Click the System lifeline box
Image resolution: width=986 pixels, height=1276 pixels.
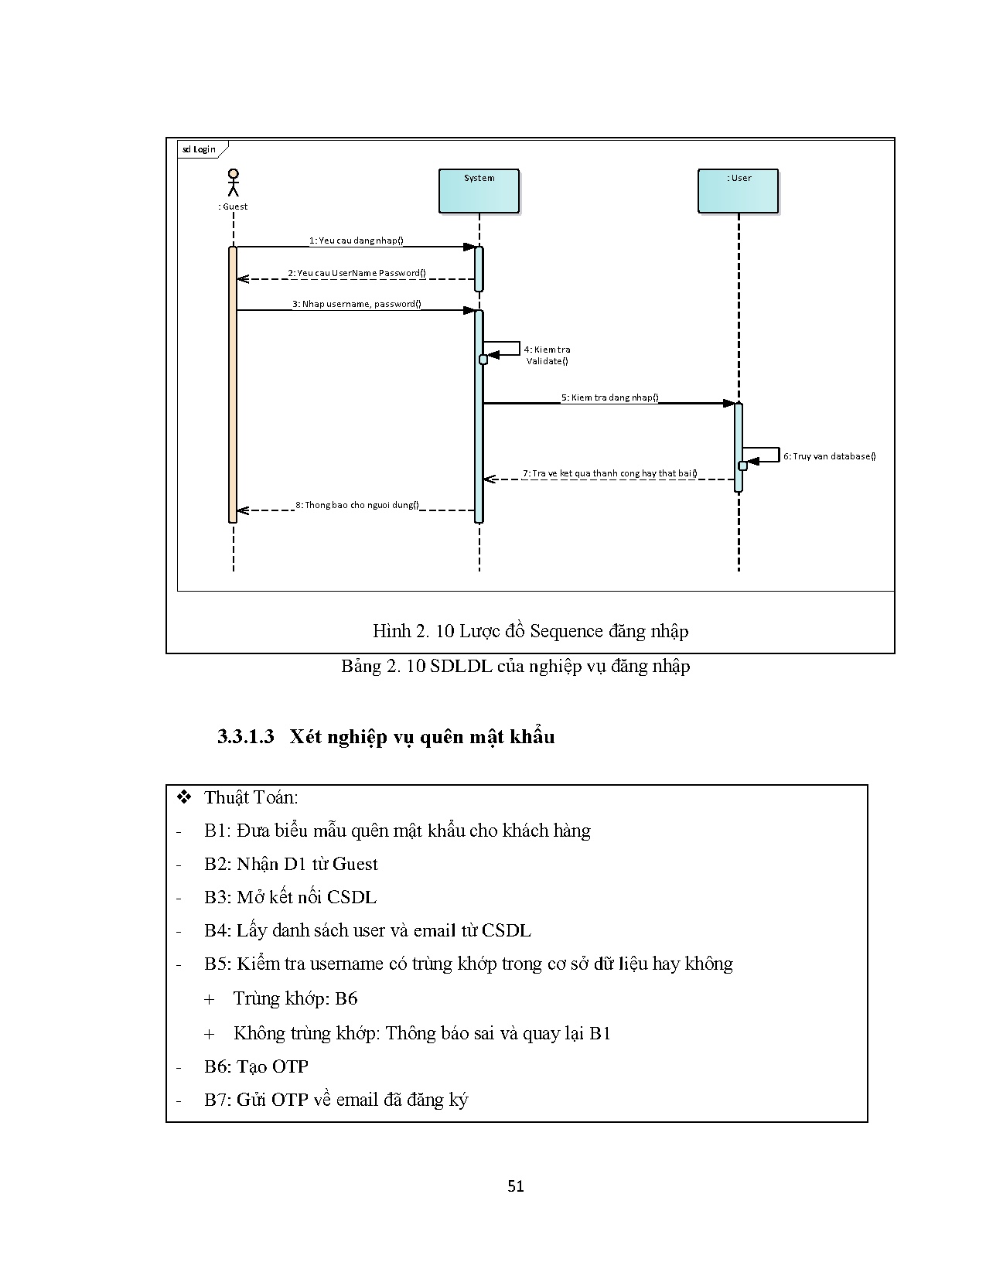tap(479, 191)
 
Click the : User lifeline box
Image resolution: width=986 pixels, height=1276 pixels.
tap(738, 191)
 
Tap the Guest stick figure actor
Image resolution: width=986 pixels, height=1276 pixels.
tap(233, 183)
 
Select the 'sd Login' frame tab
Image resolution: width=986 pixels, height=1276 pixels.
tap(200, 148)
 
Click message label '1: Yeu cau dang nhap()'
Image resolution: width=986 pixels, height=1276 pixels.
tap(356, 241)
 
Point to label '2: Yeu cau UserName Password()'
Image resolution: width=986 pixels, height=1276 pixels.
tap(357, 273)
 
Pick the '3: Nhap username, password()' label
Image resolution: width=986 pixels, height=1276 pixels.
tap(357, 304)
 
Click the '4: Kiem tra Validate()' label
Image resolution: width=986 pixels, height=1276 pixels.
tap(547, 355)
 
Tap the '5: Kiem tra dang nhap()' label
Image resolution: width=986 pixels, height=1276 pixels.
tap(609, 397)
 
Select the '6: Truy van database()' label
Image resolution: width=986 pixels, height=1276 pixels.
tap(829, 456)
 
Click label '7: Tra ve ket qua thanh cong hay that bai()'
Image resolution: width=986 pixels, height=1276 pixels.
tap(609, 473)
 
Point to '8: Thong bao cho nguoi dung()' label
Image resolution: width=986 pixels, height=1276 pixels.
tap(357, 505)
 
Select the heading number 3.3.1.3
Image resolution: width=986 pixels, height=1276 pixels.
tap(246, 736)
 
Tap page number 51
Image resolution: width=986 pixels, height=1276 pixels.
tap(516, 1186)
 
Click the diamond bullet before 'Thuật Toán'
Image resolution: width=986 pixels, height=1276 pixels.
tap(184, 797)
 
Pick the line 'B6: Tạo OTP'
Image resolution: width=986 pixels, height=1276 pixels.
tap(256, 1066)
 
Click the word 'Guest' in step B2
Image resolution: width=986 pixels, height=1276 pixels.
tap(355, 864)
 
